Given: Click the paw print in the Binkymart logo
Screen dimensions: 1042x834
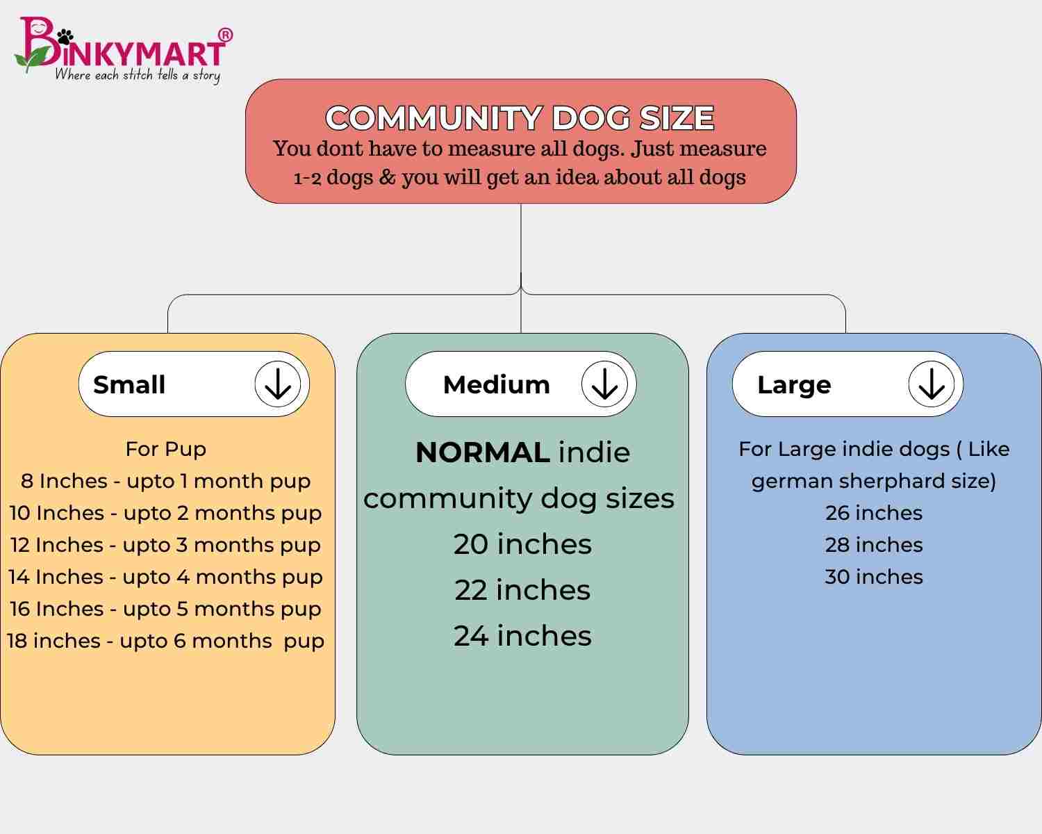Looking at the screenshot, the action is point(65,36).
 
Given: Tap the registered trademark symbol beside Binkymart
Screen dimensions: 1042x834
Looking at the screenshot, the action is point(225,35).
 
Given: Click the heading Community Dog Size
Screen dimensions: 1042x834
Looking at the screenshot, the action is point(520,117).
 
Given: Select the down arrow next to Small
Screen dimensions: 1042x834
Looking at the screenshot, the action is point(277,384).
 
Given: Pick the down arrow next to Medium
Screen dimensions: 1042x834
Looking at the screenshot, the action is point(604,384).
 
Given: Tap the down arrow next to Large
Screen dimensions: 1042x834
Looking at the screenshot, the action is point(931,384).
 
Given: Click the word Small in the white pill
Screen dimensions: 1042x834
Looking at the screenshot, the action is point(129,385).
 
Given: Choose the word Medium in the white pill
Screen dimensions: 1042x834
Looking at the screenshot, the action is point(496,385).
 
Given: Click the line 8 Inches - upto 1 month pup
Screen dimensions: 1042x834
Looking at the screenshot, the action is point(165,481).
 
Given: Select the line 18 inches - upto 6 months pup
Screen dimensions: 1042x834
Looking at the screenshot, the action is point(165,641).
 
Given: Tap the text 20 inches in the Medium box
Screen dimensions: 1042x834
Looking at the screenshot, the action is point(522,544).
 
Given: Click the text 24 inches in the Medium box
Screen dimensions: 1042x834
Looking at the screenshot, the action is point(522,636).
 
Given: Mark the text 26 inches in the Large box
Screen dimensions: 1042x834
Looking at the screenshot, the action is point(874,513).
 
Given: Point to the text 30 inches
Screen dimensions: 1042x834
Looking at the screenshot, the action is point(874,577).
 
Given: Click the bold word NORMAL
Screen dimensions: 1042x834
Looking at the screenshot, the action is point(483,452).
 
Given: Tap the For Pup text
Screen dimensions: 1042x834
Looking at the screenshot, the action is point(166,449).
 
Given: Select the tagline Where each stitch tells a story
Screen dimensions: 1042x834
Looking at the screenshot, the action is point(138,76).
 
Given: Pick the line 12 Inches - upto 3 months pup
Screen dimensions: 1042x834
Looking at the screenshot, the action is point(165,545).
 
